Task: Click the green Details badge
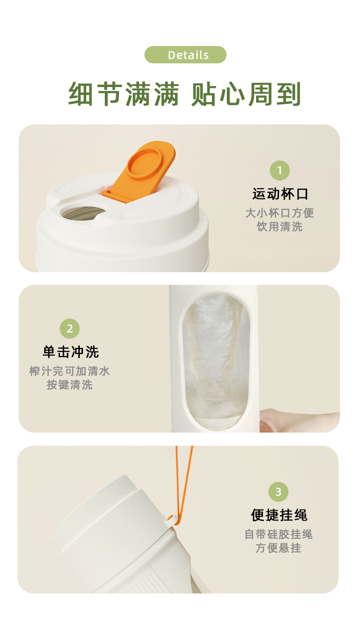[185, 55]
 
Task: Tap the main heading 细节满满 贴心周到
[185, 94]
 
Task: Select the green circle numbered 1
[280, 171]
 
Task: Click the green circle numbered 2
[70, 329]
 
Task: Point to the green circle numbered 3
[278, 492]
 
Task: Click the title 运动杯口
[280, 194]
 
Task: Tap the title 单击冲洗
[71, 352]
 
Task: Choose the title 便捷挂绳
[279, 515]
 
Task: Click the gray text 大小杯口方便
[280, 213]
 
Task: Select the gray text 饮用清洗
[280, 227]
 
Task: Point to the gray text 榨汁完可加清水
[70, 371]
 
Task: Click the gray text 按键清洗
[70, 385]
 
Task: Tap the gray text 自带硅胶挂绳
[278, 534]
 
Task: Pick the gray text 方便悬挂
[278, 548]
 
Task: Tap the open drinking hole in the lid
[82, 213]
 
